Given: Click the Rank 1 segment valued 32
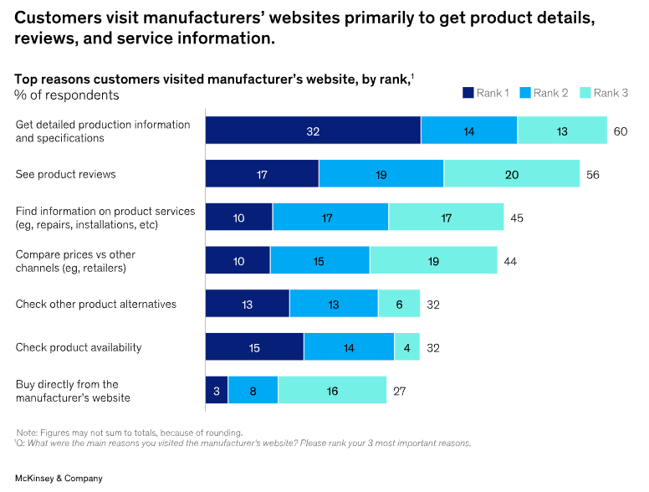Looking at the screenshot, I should click(x=313, y=131).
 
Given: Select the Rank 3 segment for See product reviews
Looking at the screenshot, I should click(x=511, y=175).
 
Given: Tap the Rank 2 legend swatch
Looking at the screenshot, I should click(x=525, y=93).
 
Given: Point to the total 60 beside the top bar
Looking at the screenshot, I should click(x=621, y=131).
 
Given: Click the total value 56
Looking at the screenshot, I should click(x=593, y=175).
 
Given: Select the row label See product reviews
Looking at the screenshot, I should click(x=66, y=175).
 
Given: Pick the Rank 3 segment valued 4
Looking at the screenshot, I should click(x=406, y=347).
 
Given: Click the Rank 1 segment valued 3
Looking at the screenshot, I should click(x=217, y=391).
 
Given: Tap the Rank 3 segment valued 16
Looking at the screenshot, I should click(x=332, y=391).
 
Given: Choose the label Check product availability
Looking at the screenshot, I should click(x=79, y=347).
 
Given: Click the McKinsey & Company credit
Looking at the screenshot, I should click(x=59, y=478).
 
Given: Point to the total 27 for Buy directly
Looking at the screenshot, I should click(x=400, y=391).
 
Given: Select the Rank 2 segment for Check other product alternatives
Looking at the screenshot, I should click(x=334, y=305).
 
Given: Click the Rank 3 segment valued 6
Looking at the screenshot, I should click(x=398, y=305).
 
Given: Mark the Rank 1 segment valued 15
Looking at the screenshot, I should click(x=254, y=347).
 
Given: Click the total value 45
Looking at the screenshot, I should click(x=517, y=218).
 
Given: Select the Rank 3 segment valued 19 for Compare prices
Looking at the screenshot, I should click(x=433, y=261).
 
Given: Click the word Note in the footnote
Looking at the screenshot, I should click(x=27, y=433).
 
